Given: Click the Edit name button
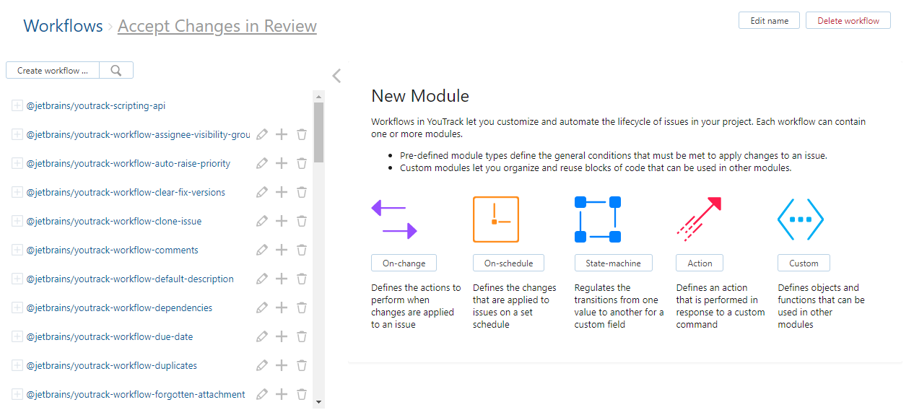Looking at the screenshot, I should click(x=769, y=21).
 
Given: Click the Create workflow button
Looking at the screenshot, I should click(x=53, y=71).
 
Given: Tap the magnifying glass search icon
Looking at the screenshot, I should click(x=116, y=70).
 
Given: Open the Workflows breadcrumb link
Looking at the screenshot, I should click(x=63, y=26).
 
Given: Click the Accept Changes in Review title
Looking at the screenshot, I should click(x=217, y=26).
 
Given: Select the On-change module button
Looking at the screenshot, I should click(x=404, y=263).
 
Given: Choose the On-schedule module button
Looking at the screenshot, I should click(x=508, y=263).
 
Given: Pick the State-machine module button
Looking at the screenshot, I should click(x=614, y=263).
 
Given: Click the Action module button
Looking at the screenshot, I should click(x=700, y=263).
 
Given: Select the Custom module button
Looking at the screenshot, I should click(x=804, y=263).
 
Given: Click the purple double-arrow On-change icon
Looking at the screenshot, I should click(x=394, y=219).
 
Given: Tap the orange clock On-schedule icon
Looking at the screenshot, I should click(x=496, y=219).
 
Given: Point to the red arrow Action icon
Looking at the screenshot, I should click(x=700, y=219).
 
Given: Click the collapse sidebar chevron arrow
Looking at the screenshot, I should click(x=336, y=76).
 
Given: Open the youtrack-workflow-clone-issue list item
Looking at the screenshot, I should click(x=114, y=222).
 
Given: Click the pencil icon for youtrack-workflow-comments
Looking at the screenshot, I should click(x=262, y=250).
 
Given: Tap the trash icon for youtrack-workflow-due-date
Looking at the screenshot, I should click(x=302, y=336).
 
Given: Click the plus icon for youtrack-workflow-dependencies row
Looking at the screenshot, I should click(x=282, y=307).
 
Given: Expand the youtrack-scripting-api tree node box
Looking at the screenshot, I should click(x=17, y=106).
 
